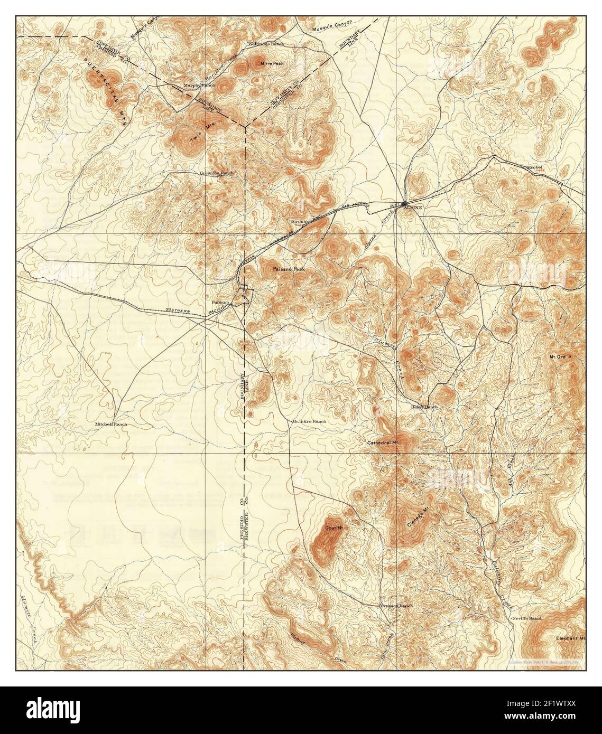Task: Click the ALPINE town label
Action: (x=413, y=209)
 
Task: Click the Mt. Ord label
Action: (x=558, y=357)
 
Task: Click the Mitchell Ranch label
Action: (x=111, y=424)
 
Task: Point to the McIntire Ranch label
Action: (x=309, y=421)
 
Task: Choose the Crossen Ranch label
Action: (x=397, y=606)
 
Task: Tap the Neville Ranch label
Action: (x=527, y=618)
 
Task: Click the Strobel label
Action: (x=535, y=168)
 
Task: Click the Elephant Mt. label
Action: (x=572, y=638)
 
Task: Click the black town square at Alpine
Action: (x=404, y=203)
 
